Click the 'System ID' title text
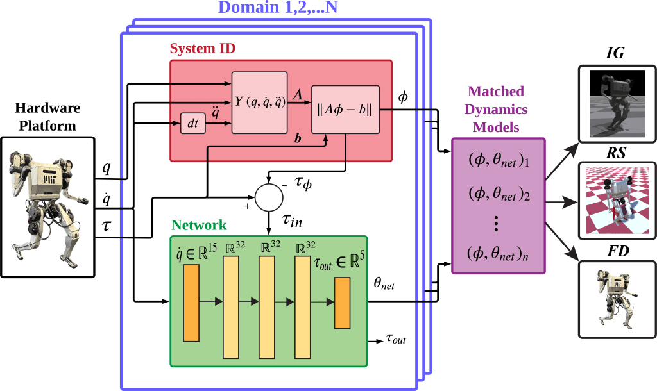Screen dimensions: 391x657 pos(202,49)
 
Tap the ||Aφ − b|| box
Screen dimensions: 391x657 pos(346,110)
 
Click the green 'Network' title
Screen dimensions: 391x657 pos(198,226)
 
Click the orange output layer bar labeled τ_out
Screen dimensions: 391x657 pos(342,303)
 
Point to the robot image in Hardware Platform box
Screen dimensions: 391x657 pos(48,205)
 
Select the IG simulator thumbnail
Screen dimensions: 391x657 pos(617,103)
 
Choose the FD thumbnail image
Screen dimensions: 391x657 pos(617,299)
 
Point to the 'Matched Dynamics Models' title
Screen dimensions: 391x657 pos(496,109)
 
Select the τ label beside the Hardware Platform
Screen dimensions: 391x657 pos(106,227)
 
